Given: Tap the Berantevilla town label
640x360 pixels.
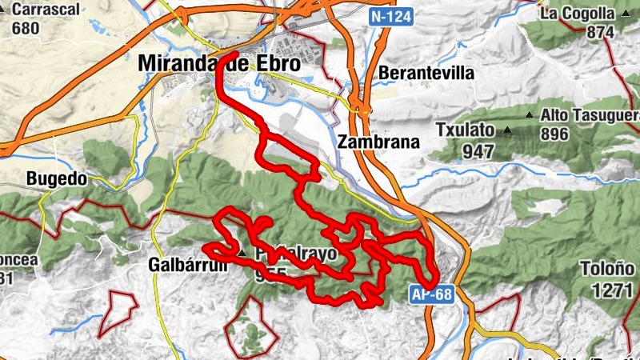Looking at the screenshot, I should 426,73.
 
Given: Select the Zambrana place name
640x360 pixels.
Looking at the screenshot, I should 378,142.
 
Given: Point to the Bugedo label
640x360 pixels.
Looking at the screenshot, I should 56,178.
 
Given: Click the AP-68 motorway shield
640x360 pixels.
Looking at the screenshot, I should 432,294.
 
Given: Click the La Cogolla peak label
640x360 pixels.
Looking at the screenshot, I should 576,13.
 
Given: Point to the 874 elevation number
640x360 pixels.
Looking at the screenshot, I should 599,32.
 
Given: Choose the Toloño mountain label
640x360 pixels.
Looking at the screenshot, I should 614,269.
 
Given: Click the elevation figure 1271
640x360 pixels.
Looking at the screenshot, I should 613,289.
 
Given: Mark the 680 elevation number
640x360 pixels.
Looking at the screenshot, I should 26,27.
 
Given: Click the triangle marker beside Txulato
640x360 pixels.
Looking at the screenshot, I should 507,130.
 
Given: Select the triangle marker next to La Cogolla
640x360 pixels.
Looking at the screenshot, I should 623,14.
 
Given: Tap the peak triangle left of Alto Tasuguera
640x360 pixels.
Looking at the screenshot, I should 529,116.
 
